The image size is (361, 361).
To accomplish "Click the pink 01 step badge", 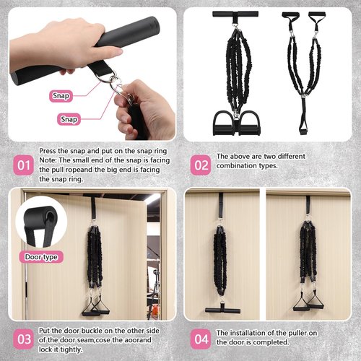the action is coord(23,165).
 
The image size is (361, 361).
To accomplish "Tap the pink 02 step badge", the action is coord(201,165).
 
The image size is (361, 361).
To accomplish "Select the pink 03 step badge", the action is coord(23,339).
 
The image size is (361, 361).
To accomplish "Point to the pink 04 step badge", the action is coord(201,339).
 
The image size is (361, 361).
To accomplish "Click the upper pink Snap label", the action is coord(61,96).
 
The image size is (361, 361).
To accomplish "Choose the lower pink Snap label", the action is coord(69,119).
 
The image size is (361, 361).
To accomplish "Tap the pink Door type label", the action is coord(41,257).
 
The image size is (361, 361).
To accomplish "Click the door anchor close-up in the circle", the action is coord(41,222).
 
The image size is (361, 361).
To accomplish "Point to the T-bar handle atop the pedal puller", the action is coord(235,14).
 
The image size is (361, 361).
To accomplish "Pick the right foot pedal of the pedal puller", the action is coord(251,123).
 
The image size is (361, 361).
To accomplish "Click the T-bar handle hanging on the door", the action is coord(222,310).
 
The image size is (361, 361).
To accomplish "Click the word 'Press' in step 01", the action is coord(48,151).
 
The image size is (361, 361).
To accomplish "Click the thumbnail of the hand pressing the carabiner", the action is coord(92,74).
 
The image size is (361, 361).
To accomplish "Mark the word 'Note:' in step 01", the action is coord(48,160).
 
